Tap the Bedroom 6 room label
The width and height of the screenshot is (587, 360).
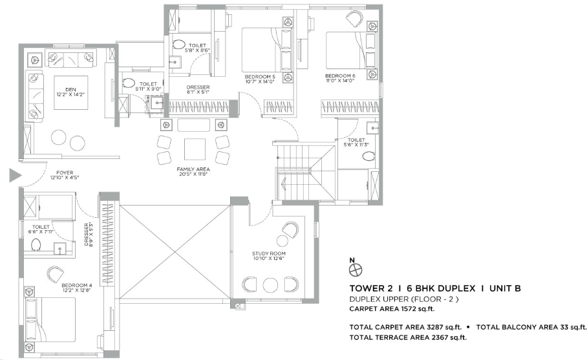tap(340, 76)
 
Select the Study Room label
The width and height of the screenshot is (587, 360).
tap(269, 253)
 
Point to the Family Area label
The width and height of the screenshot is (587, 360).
tap(193, 169)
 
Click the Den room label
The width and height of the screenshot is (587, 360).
tap(70, 89)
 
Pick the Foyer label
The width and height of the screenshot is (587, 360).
tap(65, 173)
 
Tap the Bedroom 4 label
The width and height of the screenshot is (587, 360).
tap(77, 285)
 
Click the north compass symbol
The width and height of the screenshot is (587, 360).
tap(356, 270)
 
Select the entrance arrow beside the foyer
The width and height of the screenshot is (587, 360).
tap(15, 176)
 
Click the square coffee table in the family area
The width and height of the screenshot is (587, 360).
tap(195, 149)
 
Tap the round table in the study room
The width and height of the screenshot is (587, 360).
tap(270, 285)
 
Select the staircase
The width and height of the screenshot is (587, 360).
tap(304, 171)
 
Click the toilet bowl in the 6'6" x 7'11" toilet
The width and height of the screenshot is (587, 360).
tap(37, 245)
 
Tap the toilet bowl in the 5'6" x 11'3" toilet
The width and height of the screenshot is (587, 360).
tap(368, 156)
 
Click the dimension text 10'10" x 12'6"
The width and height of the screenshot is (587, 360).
tap(269, 259)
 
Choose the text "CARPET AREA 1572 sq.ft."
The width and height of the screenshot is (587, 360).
tap(392, 309)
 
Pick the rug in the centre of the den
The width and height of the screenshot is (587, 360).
tap(70, 93)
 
